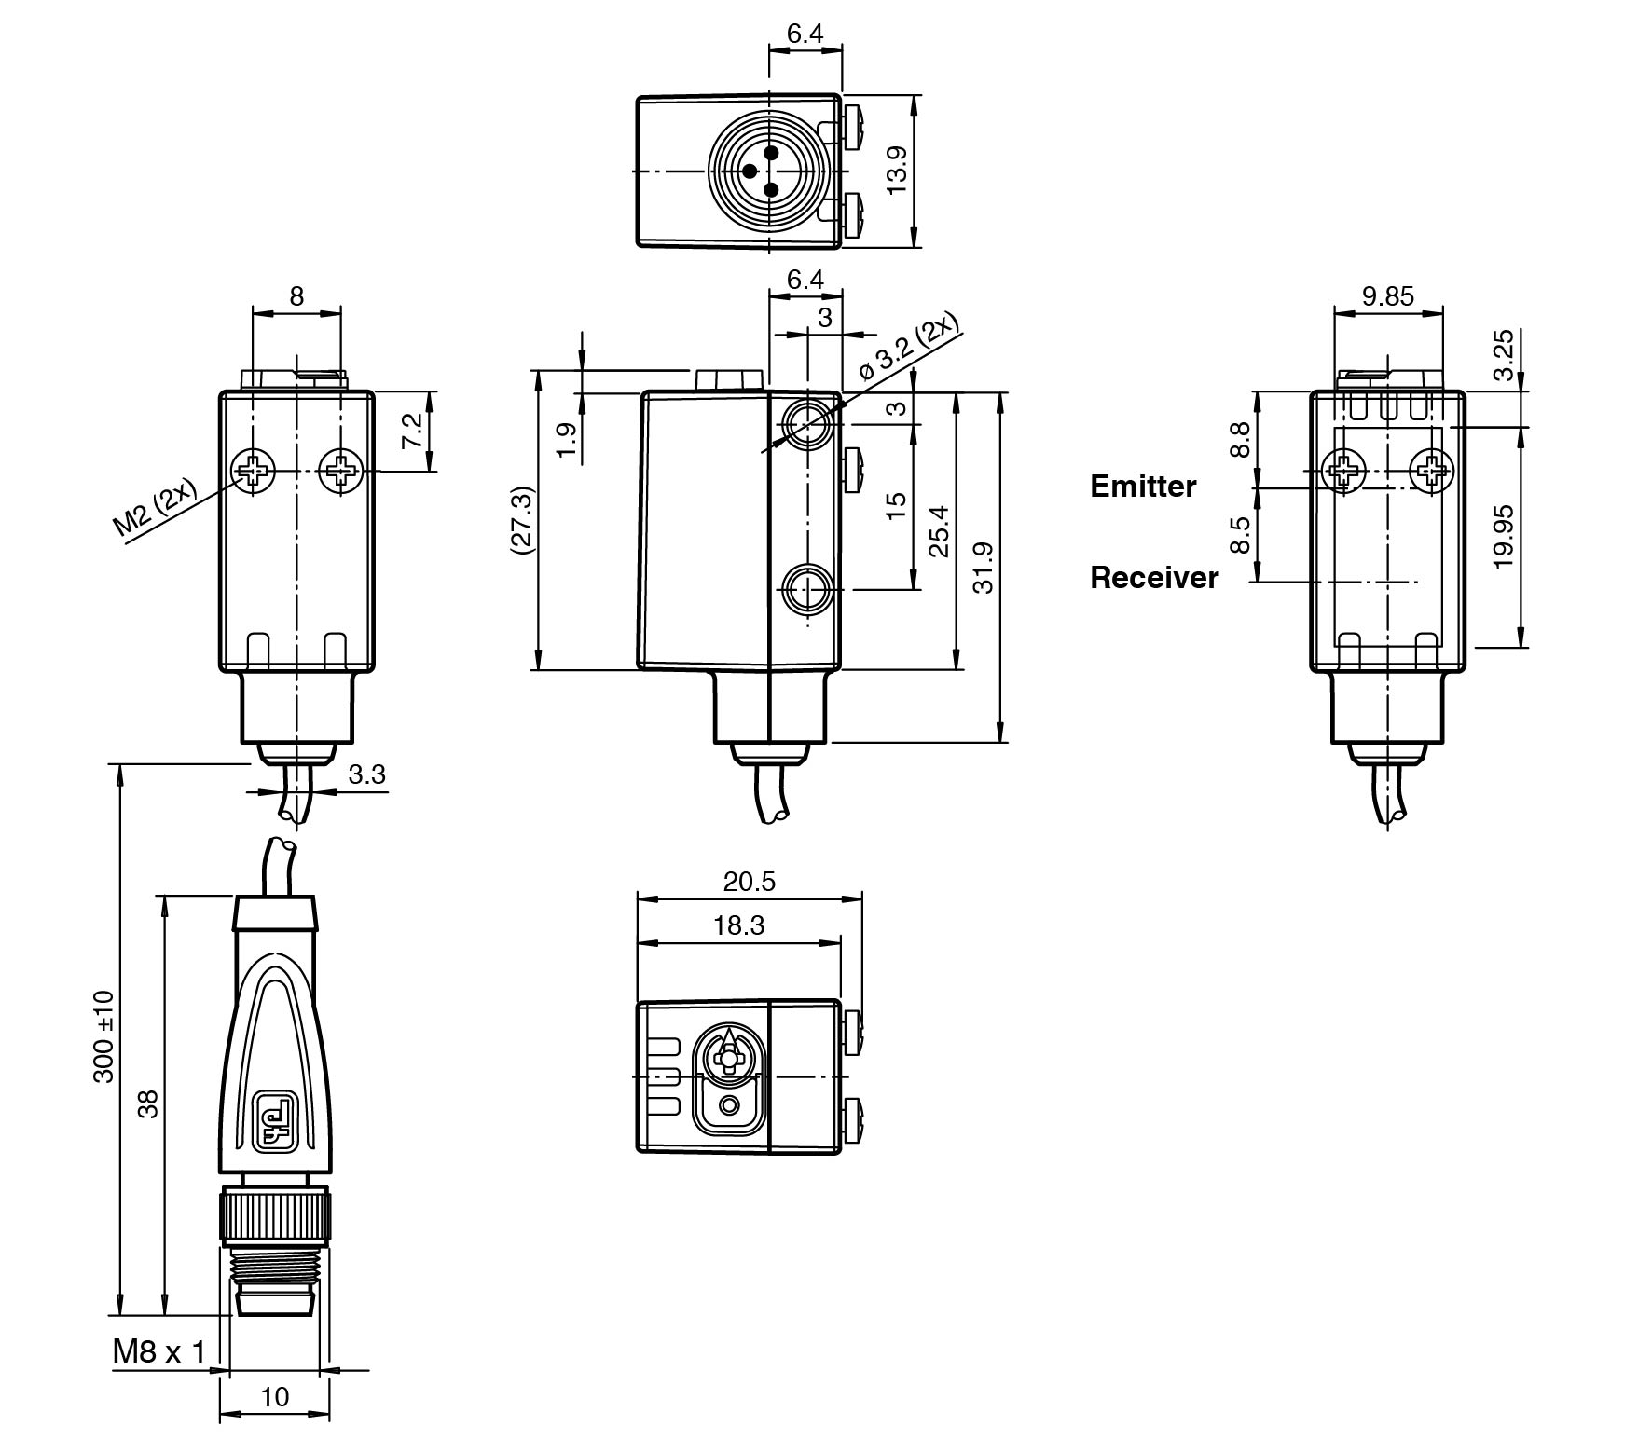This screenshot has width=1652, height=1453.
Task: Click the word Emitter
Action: (1142, 486)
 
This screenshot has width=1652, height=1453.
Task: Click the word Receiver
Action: (1154, 578)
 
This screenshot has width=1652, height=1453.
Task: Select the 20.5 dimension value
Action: (749, 881)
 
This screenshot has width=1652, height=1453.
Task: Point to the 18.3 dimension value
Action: (738, 925)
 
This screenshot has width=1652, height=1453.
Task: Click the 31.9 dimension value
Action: (982, 568)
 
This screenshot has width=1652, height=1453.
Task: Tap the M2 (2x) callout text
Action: (155, 509)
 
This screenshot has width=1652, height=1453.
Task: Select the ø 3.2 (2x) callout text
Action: (908, 349)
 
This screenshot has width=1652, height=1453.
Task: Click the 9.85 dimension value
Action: (1387, 296)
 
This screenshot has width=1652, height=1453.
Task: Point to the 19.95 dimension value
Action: (1502, 537)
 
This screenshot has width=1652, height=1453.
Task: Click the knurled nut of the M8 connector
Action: (275, 1215)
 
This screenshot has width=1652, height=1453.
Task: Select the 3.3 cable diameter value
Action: (366, 774)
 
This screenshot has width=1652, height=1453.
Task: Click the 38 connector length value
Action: (148, 1103)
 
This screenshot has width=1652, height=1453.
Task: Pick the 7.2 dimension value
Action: (412, 432)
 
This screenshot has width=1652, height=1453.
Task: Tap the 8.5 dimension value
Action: (1239, 535)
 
